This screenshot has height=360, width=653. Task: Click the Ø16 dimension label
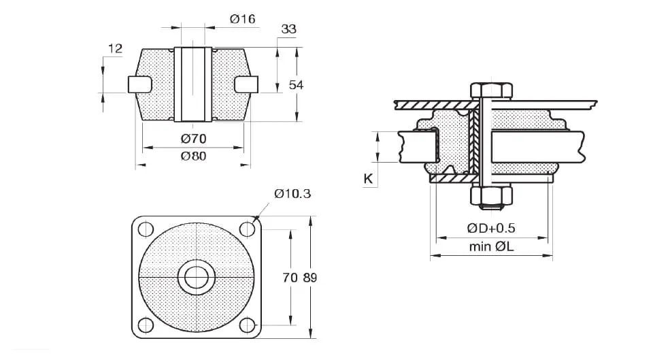tap(242, 19)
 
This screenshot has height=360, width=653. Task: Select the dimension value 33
tap(288, 29)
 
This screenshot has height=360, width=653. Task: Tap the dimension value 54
tap(297, 84)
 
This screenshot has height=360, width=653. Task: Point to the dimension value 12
tap(114, 48)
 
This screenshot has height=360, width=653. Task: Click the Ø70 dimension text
tap(193, 139)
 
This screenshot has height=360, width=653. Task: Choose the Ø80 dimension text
tap(193, 156)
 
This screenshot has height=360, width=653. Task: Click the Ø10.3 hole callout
tap(292, 194)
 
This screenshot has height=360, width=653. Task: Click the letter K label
tap(368, 179)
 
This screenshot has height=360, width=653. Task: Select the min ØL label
tap(490, 247)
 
